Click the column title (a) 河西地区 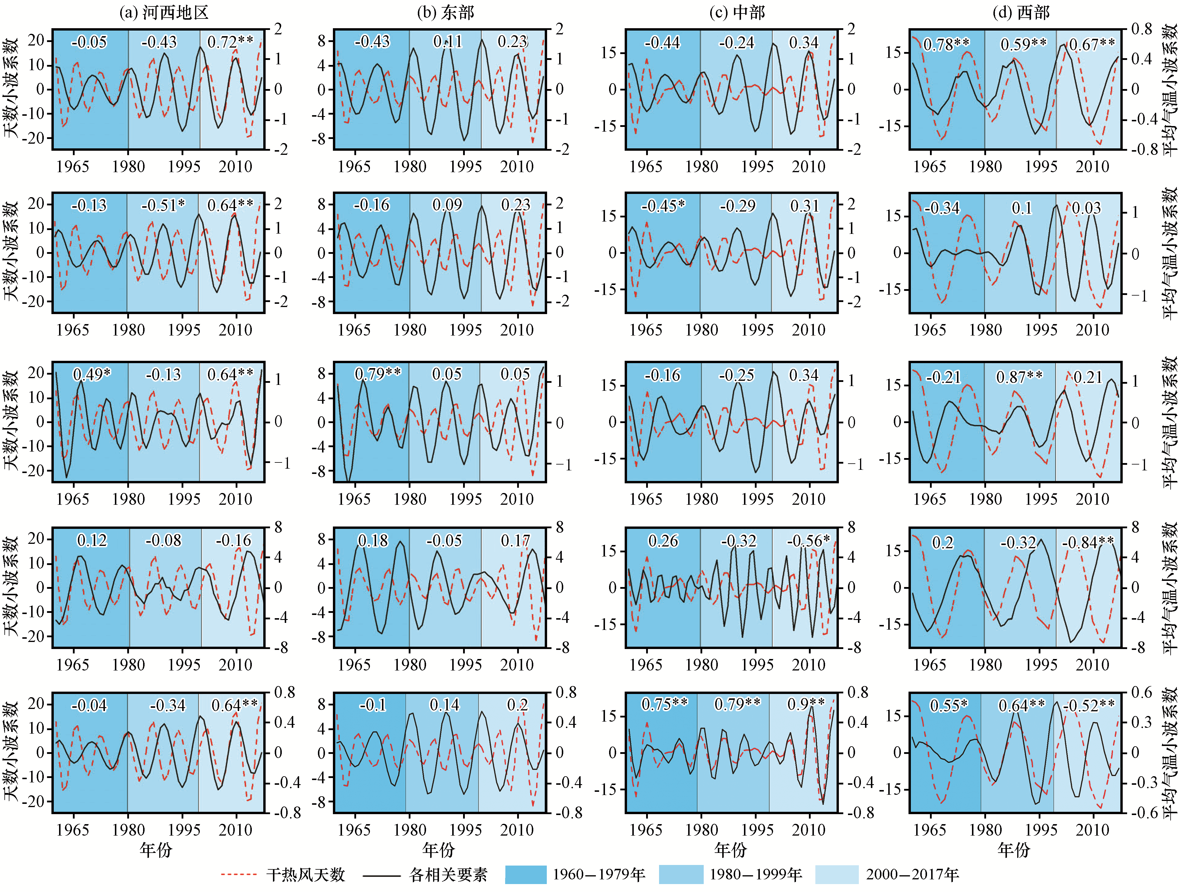[x=164, y=12]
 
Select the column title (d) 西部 [x=1020, y=12]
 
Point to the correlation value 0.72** [x=230, y=42]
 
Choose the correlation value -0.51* [x=163, y=205]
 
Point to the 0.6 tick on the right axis [x=1142, y=693]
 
